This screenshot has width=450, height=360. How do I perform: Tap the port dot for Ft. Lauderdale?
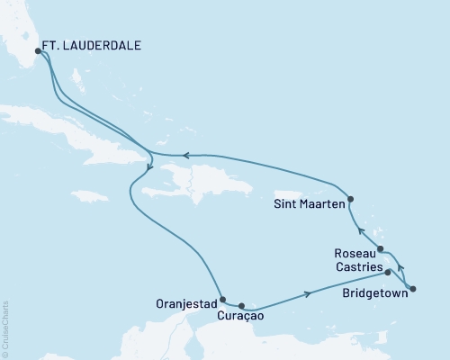point(37,51)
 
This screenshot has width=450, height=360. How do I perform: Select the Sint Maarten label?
point(308,204)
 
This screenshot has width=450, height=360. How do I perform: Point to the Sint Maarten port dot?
point(351,199)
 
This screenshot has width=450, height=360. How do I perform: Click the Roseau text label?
point(354,255)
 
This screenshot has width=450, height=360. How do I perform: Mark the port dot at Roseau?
point(382,249)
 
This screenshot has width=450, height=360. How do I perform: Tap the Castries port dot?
point(389,271)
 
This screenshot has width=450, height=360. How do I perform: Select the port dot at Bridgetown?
point(412,289)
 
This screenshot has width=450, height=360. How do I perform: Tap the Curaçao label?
point(240,317)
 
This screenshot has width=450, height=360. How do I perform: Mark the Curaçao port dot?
point(241,306)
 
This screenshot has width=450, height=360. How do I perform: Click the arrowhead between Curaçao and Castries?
point(310,292)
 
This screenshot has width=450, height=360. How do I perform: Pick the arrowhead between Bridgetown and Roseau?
point(400,267)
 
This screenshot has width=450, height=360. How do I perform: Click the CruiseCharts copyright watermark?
point(5,329)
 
